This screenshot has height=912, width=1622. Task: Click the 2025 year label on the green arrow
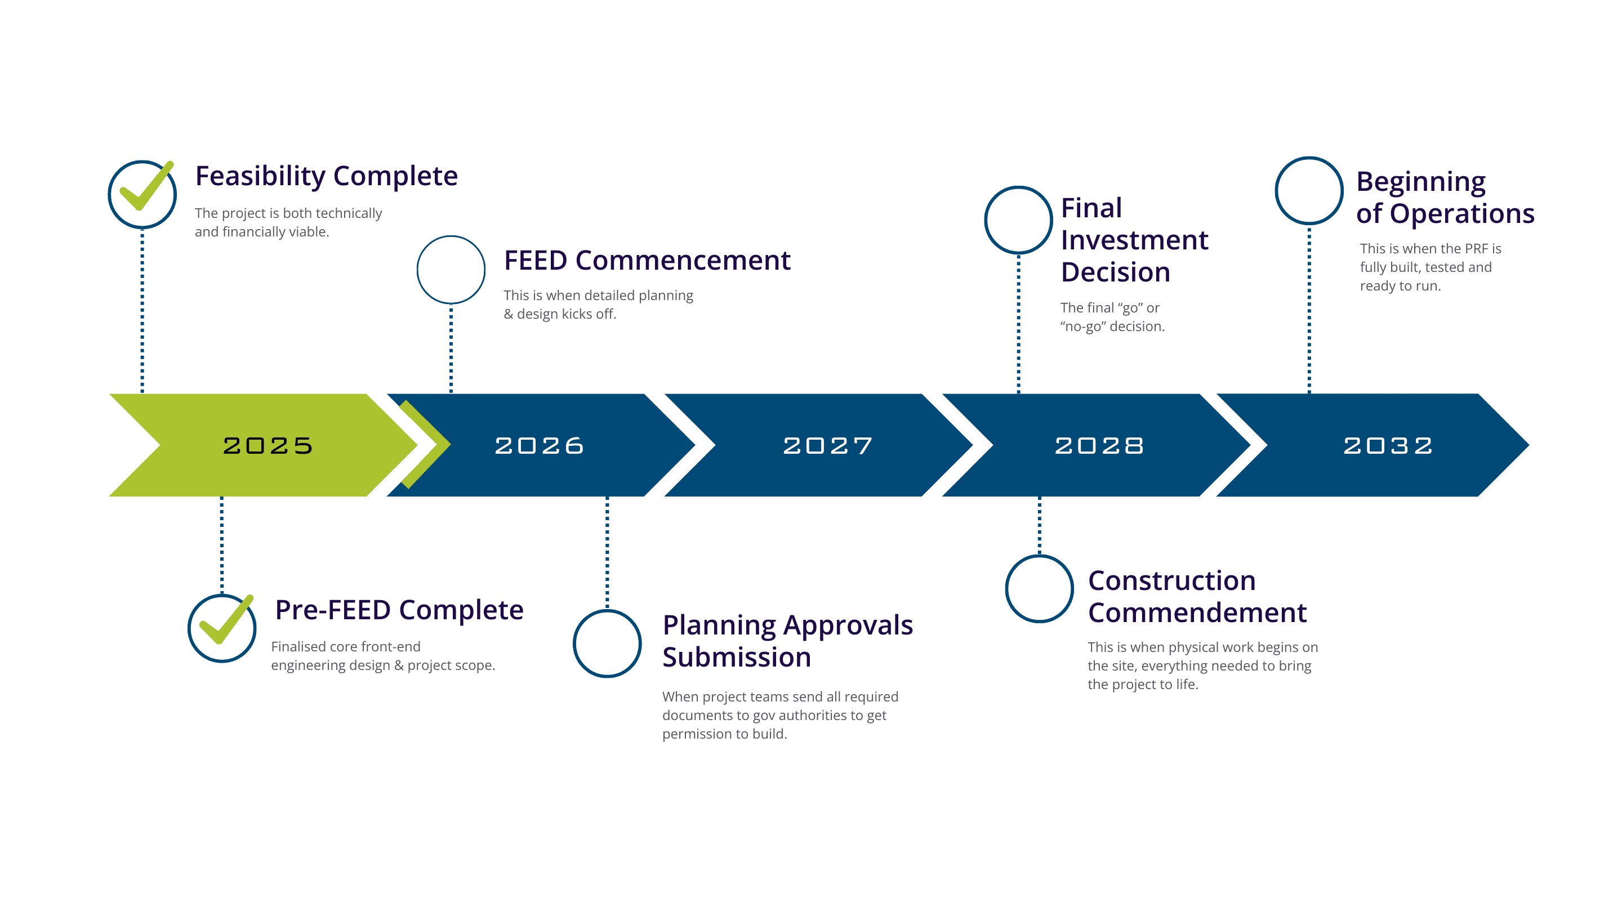(268, 446)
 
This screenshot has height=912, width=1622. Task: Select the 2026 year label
(539, 446)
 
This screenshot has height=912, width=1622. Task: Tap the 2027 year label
(827, 446)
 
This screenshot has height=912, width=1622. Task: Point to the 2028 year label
(1099, 446)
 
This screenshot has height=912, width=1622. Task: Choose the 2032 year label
(1388, 446)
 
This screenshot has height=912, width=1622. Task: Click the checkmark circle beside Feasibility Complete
(142, 194)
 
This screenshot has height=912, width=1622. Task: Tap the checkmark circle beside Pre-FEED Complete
(222, 628)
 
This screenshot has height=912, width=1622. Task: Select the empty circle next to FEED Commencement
(451, 270)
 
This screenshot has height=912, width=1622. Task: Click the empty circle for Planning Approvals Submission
(607, 644)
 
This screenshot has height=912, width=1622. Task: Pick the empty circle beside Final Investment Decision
(1018, 220)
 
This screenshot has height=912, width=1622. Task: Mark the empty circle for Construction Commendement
(1039, 589)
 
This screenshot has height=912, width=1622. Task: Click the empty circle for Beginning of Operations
(1309, 191)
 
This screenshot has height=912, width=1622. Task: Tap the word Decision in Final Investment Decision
(1115, 272)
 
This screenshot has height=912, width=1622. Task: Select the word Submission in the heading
(736, 657)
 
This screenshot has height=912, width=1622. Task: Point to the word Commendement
(1197, 613)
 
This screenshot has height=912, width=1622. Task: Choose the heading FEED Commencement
(647, 261)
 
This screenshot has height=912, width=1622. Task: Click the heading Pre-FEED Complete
(399, 610)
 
